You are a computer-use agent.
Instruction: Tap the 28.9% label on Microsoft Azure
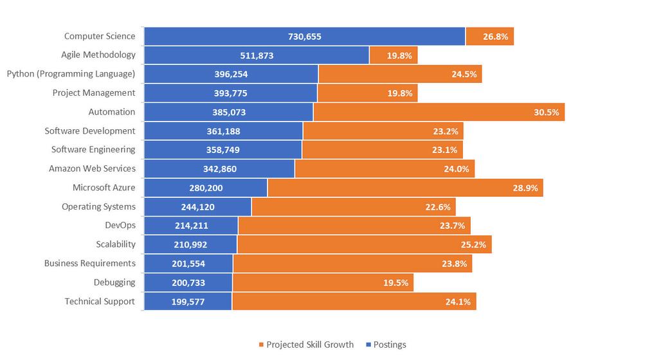click(525, 188)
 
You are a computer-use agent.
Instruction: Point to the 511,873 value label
click(257, 56)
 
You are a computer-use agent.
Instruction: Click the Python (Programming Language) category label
click(71, 74)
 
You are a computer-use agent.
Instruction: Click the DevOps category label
click(120, 226)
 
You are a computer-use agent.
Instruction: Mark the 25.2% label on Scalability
click(474, 245)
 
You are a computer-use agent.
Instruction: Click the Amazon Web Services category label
click(92, 169)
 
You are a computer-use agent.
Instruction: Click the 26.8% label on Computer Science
click(496, 37)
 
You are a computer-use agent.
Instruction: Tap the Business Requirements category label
click(90, 264)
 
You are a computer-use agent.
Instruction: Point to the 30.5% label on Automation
click(547, 112)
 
